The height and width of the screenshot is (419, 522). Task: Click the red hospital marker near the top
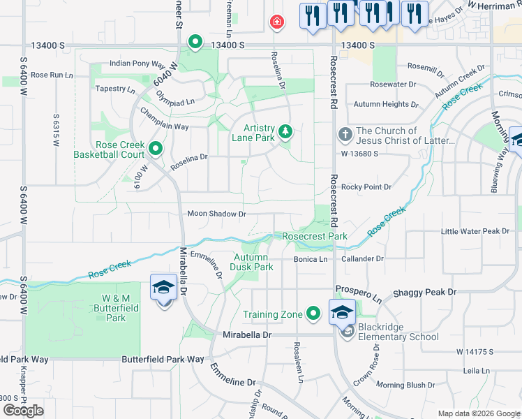[277, 22]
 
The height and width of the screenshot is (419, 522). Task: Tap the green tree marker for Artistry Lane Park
[285, 131]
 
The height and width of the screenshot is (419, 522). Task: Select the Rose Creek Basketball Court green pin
[155, 148]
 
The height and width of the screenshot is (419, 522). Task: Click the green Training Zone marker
[314, 314]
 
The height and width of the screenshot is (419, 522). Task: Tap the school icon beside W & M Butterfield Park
[163, 288]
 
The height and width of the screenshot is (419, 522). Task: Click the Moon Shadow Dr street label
[216, 214]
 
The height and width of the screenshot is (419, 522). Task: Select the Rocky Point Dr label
[366, 187]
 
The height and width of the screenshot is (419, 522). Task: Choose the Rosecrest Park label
[315, 236]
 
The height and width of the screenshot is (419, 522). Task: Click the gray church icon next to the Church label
[345, 134]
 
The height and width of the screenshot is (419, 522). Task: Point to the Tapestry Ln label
[115, 89]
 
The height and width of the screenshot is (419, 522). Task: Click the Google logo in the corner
[23, 411]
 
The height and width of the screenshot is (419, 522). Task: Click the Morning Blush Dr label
[405, 385]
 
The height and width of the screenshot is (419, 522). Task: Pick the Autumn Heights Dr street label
[386, 104]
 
